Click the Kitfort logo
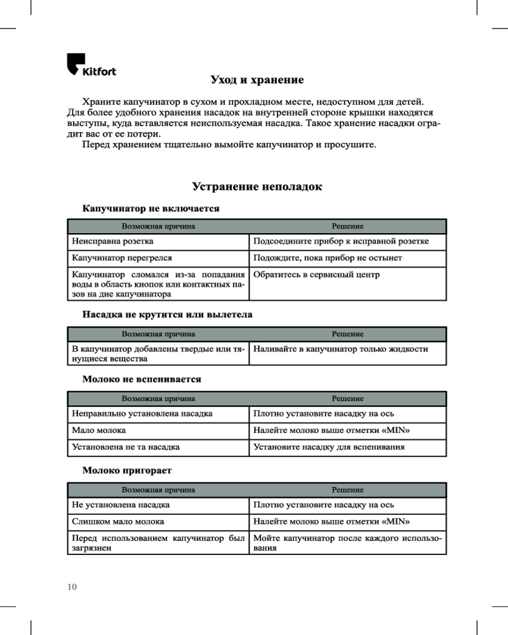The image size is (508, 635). tap(91, 65)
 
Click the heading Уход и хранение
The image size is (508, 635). tap(257, 80)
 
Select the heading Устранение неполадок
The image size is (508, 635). tap(257, 187)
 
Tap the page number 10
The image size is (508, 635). tap(72, 587)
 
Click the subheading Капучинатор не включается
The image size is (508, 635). tap(151, 208)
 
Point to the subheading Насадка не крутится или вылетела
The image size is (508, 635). tap(168, 314)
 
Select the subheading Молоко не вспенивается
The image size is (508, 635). tap(142, 379)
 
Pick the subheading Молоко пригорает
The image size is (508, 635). tap(128, 471)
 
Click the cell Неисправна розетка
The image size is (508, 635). tap(112, 242)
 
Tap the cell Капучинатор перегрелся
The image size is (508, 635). tap(122, 258)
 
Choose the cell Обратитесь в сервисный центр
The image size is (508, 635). tap(316, 275)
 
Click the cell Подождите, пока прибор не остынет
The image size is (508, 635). tap(328, 258)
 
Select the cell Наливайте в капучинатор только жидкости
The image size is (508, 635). tap(340, 349)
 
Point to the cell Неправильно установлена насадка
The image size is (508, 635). tap(142, 413)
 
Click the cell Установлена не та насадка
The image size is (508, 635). tap(126, 447)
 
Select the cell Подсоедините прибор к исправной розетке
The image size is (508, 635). tap(341, 242)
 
